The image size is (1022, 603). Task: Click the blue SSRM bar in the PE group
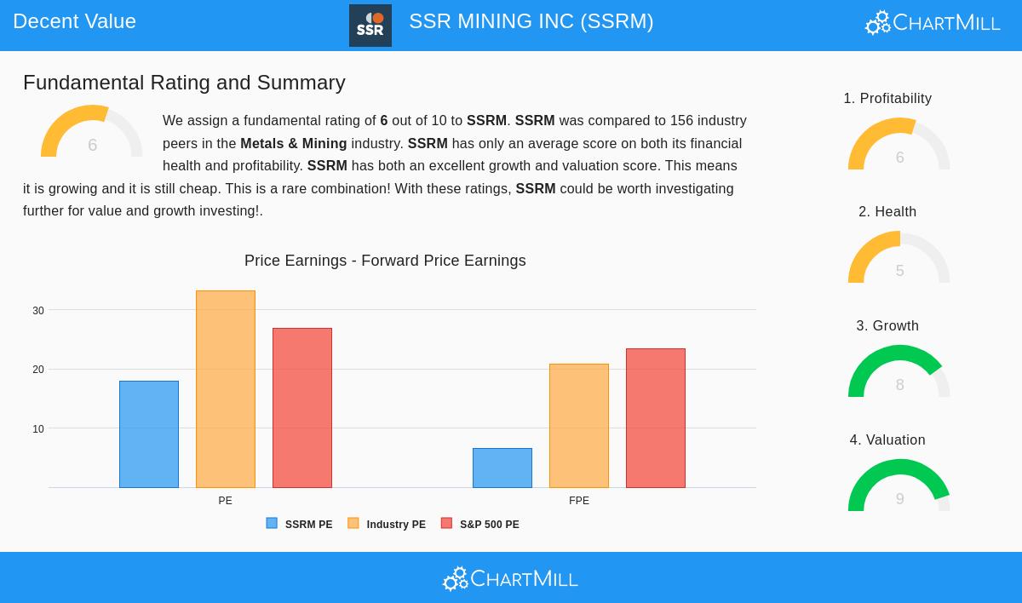pyautogui.click(x=149, y=434)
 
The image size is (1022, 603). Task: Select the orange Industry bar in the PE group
pyautogui.click(x=226, y=389)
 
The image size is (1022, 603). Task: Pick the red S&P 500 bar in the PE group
pyautogui.click(x=302, y=408)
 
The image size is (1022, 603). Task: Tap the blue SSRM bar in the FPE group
pyautogui.click(x=502, y=468)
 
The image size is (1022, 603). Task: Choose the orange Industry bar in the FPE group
pyautogui.click(x=579, y=426)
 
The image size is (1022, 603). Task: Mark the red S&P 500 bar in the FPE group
pyautogui.click(x=656, y=418)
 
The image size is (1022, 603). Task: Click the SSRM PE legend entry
pyautogui.click(x=300, y=524)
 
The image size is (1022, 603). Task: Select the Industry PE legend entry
pyautogui.click(x=387, y=524)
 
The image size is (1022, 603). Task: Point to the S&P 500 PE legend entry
pyautogui.click(x=480, y=524)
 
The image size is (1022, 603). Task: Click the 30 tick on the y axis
pyautogui.click(x=38, y=311)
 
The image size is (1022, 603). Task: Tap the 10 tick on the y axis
pyautogui.click(x=38, y=429)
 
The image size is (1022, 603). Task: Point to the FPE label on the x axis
pyautogui.click(x=579, y=501)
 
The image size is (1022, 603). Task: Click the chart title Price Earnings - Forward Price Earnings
pyautogui.click(x=385, y=261)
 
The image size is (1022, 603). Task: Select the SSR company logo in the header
pyautogui.click(x=370, y=26)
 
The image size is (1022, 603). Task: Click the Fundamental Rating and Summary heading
pyautogui.click(x=184, y=83)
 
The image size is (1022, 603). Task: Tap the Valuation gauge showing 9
pyautogui.click(x=899, y=487)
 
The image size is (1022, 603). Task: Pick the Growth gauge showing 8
pyautogui.click(x=899, y=373)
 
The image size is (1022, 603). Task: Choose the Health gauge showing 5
pyautogui.click(x=899, y=259)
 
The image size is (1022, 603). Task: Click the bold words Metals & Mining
pyautogui.click(x=294, y=144)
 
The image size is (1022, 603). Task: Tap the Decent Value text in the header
pyautogui.click(x=75, y=21)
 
